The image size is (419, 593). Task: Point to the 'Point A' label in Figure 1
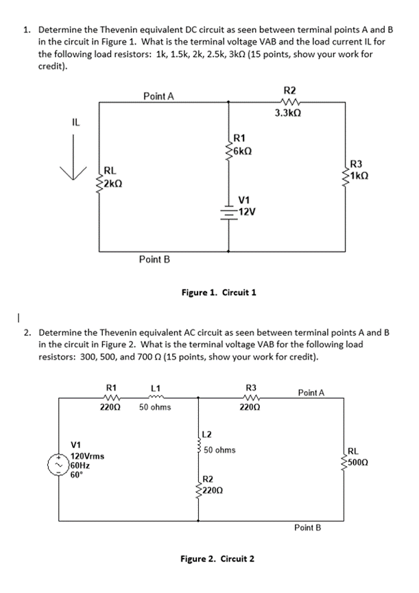pos(158,97)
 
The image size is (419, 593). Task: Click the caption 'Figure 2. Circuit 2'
pos(217,558)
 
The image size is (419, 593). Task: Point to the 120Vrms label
pos(87,456)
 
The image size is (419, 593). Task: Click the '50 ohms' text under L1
pos(154,408)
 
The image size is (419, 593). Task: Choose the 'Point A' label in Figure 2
pos(311,393)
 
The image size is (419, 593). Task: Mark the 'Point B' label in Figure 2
pos(307,527)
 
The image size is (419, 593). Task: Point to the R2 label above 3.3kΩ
pos(289,89)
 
